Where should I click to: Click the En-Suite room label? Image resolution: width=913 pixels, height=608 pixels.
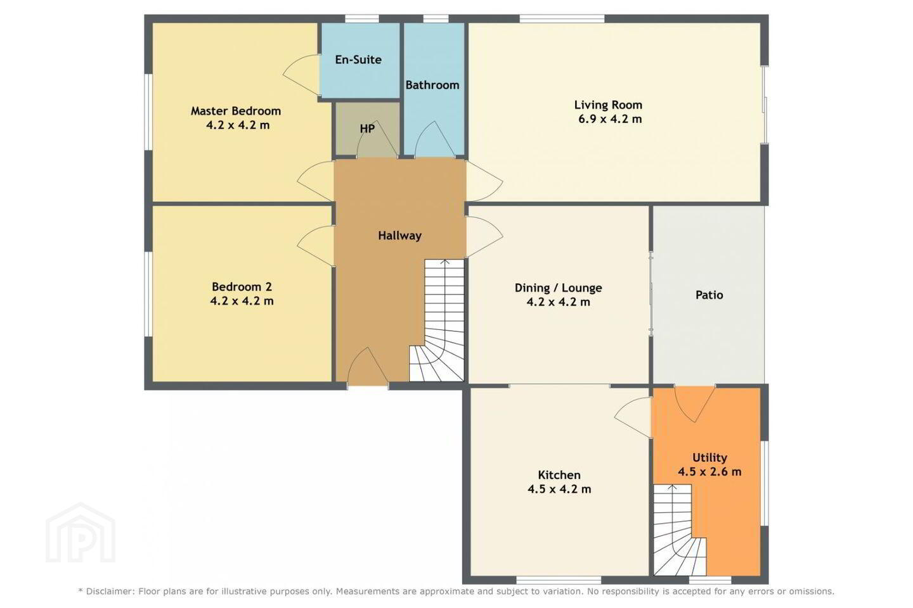tap(358, 60)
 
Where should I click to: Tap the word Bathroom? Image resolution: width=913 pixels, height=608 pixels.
tap(432, 85)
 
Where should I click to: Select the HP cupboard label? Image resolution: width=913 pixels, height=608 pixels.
tap(367, 129)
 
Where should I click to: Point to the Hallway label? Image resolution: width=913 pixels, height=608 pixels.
tap(399, 236)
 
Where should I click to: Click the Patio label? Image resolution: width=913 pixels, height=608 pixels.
tap(709, 295)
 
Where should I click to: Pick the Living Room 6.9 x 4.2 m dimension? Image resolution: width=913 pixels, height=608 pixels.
tap(610, 119)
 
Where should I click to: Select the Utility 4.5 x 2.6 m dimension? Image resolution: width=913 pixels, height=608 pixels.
tap(709, 472)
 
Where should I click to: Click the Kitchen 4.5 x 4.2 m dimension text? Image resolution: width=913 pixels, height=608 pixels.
tap(559, 489)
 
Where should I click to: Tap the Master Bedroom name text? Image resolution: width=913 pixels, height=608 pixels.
tap(236, 111)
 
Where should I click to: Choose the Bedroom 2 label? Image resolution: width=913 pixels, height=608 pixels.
tap(242, 287)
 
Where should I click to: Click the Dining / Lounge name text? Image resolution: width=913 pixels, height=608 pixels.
tap(559, 288)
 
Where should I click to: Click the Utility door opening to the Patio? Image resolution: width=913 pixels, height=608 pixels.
tap(695, 403)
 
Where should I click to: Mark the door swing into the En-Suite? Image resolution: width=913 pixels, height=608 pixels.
tap(301, 75)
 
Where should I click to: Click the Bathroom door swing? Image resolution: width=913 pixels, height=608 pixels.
tap(435, 139)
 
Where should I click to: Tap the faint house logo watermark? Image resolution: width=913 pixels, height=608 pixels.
tap(81, 533)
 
